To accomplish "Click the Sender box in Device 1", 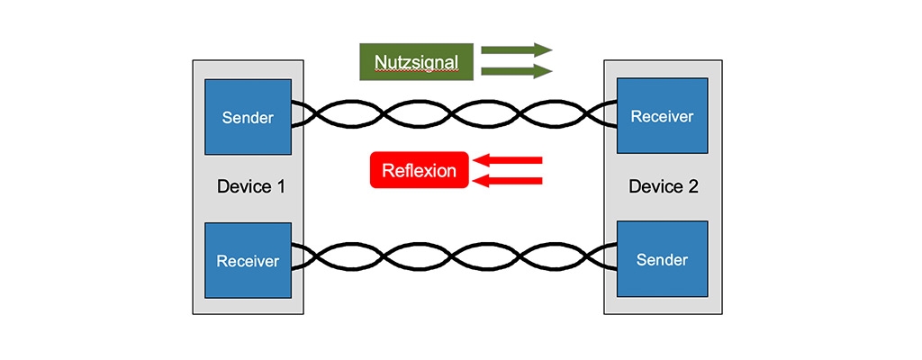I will pyautogui.click(x=248, y=117).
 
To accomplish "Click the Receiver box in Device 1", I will pyautogui.click(x=248, y=260).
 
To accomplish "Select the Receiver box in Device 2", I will pyautogui.click(x=662, y=116).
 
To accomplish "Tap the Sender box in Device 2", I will pyautogui.click(x=662, y=259).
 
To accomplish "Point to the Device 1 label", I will pyautogui.click(x=251, y=187).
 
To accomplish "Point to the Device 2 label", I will pyautogui.click(x=664, y=187).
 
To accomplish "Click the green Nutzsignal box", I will pyautogui.click(x=416, y=61).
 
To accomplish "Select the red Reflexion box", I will pyautogui.click(x=420, y=170).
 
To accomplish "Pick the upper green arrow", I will pyautogui.click(x=516, y=49).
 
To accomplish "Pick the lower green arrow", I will pyautogui.click(x=516, y=71).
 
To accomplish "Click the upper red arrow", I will pyautogui.click(x=508, y=160).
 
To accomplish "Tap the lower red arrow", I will pyautogui.click(x=508, y=181).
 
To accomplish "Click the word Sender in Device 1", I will pyautogui.click(x=248, y=118).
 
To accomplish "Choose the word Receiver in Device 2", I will pyautogui.click(x=662, y=117).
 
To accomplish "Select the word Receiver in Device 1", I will pyautogui.click(x=248, y=262).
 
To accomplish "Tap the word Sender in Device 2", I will pyautogui.click(x=662, y=260).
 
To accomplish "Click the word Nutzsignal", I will pyautogui.click(x=416, y=62).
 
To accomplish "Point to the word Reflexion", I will pyautogui.click(x=420, y=171).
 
